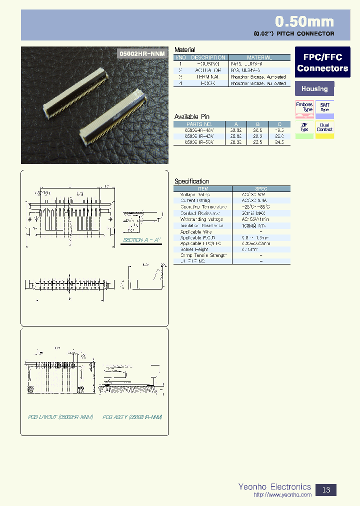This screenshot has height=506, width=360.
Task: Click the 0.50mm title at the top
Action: (x=304, y=21)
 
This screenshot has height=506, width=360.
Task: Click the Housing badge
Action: (x=314, y=89)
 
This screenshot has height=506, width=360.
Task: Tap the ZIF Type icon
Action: (x=304, y=129)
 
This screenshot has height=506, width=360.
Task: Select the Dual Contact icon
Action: (x=324, y=129)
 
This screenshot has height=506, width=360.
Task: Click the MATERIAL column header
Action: (x=259, y=57)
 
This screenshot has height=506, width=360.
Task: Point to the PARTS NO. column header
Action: (x=199, y=123)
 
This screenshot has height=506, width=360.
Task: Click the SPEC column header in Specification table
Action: (x=261, y=189)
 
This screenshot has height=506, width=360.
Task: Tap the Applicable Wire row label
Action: (x=196, y=231)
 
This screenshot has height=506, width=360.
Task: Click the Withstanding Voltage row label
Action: (x=201, y=219)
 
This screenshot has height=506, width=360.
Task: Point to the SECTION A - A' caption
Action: (x=141, y=240)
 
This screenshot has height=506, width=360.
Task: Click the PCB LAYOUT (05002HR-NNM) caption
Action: (x=60, y=416)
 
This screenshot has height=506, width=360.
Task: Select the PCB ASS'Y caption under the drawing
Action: (x=132, y=416)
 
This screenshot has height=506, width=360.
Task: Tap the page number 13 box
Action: (x=326, y=489)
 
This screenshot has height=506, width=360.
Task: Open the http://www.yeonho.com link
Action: (x=282, y=495)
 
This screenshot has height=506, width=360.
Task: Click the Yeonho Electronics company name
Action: (x=274, y=486)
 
